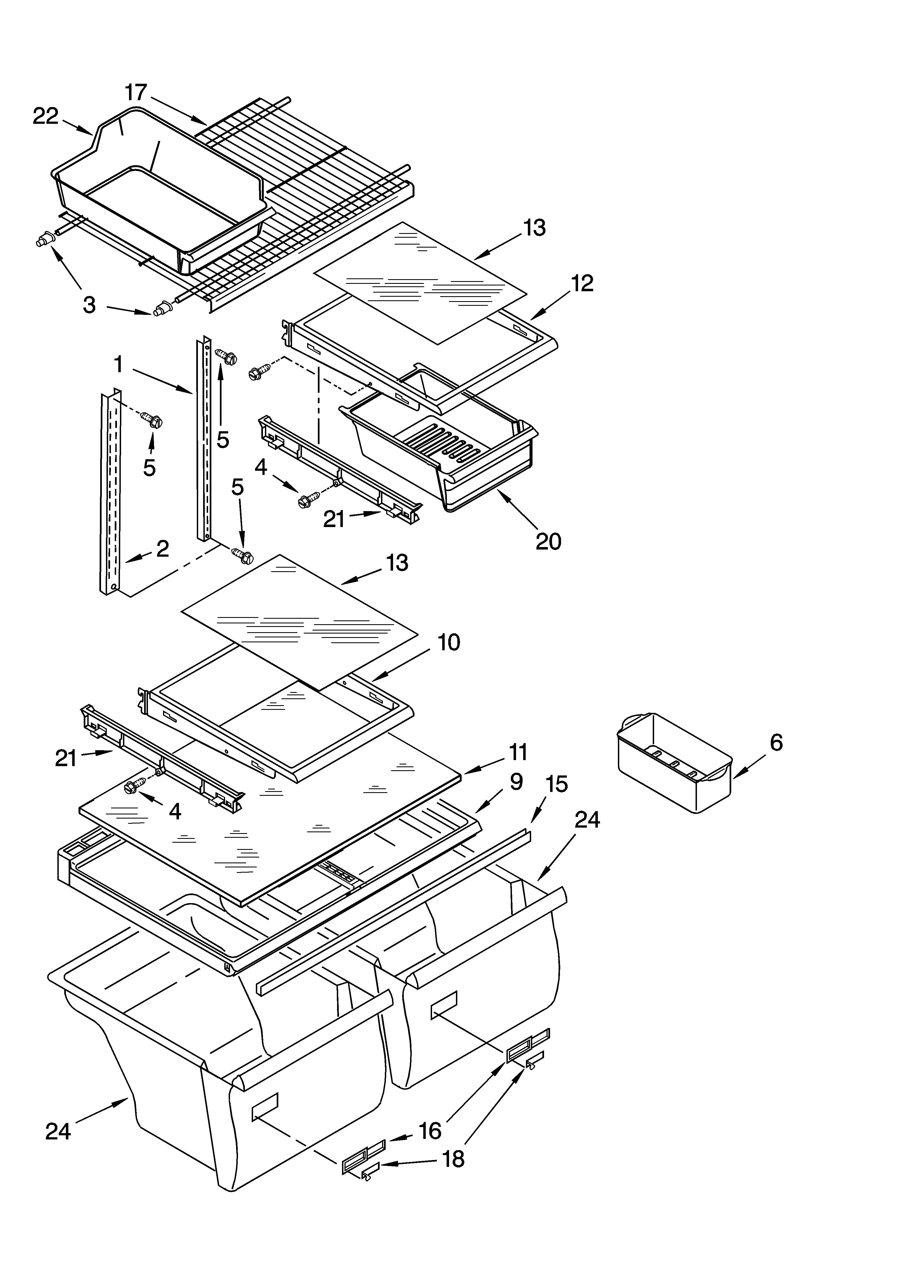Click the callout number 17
(x=135, y=92)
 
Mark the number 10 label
(x=448, y=642)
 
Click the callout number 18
(x=453, y=1159)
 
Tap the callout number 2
(x=162, y=548)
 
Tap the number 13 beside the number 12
(x=534, y=228)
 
